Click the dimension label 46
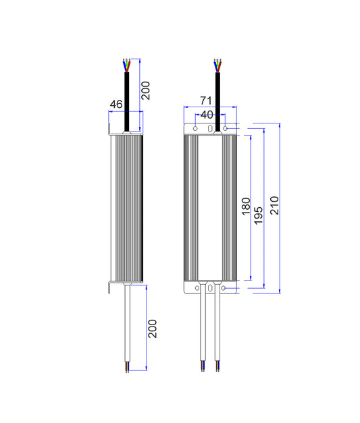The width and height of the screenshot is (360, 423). click(x=116, y=104)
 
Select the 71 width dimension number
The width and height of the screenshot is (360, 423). click(x=206, y=101)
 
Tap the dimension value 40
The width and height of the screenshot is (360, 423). click(x=207, y=115)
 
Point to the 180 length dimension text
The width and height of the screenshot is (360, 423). click(x=246, y=206)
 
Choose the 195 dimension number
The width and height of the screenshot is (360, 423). click(x=259, y=215)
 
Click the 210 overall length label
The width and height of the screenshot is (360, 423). click(x=274, y=206)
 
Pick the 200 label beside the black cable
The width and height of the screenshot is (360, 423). click(x=146, y=90)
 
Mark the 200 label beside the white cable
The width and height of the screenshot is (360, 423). click(x=153, y=329)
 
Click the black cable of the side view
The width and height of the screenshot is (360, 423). click(x=126, y=101)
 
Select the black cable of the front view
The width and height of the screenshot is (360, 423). click(x=217, y=102)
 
